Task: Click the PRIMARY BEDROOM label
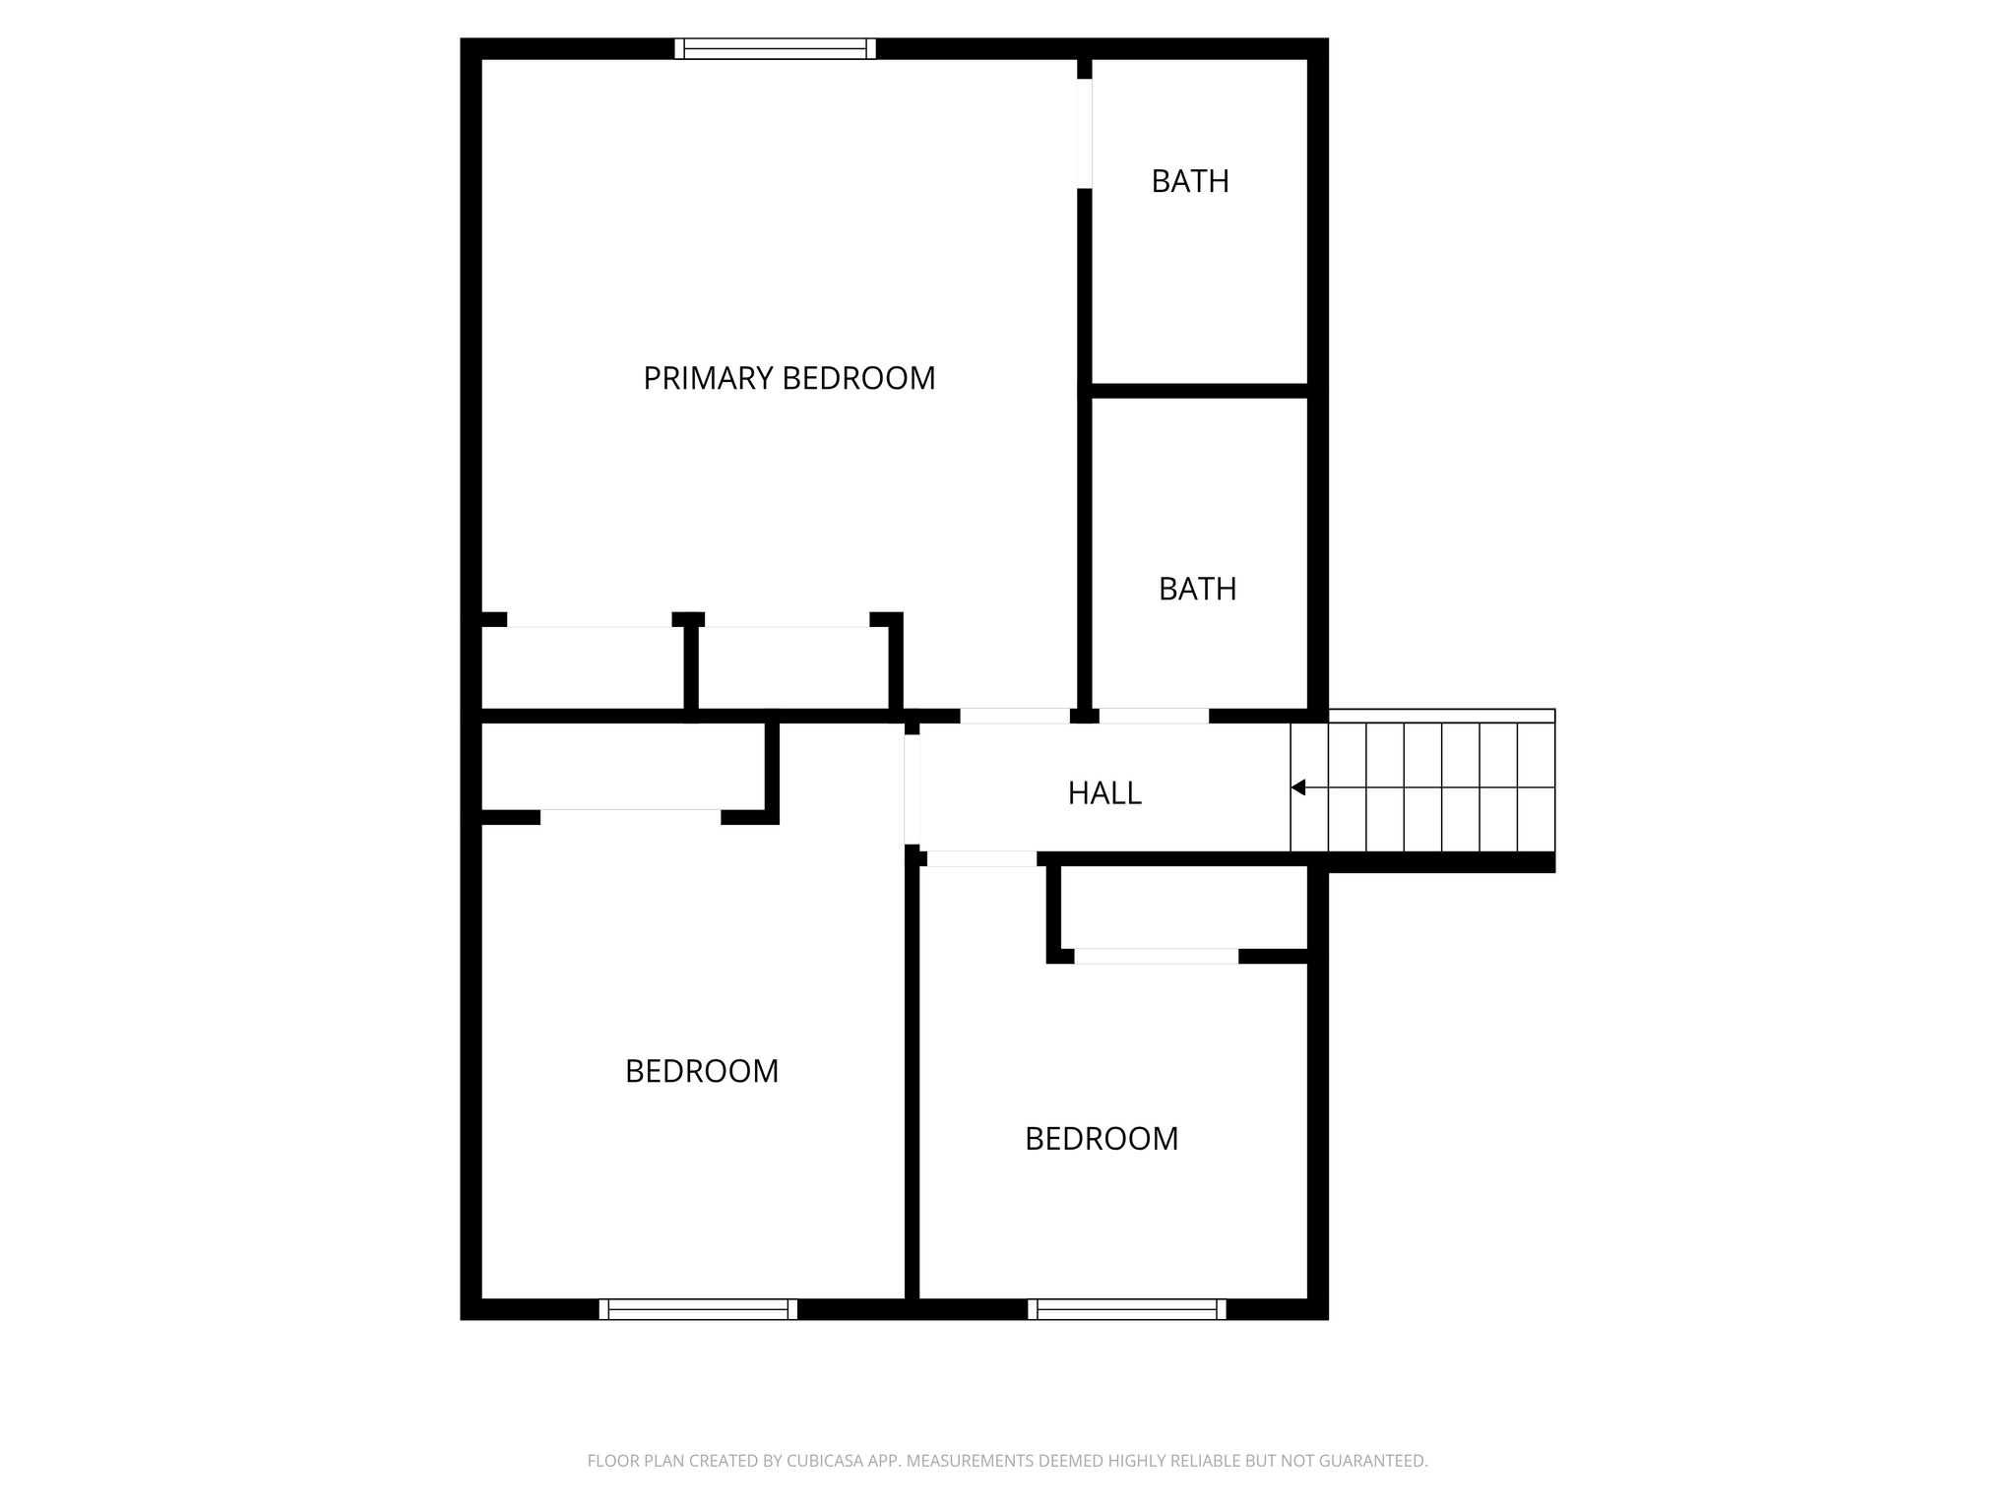click(x=788, y=378)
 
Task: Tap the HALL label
click(x=1104, y=793)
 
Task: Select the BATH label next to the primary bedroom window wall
click(x=1190, y=181)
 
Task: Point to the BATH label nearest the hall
click(x=1197, y=589)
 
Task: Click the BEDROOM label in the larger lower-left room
click(x=702, y=1071)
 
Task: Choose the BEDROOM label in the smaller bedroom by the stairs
click(x=1102, y=1139)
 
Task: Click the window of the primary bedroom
click(x=776, y=49)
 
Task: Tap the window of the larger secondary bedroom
click(x=698, y=1309)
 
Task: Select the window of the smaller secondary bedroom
click(x=1127, y=1309)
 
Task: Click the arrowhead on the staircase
click(x=1297, y=787)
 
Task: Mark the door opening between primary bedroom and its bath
click(x=1084, y=133)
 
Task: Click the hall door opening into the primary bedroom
click(x=1015, y=716)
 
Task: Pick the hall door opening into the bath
click(x=1154, y=716)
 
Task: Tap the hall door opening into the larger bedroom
click(x=912, y=789)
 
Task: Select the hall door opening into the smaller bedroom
click(x=981, y=858)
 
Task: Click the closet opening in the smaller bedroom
click(x=1156, y=956)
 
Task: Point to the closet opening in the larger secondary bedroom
click(x=631, y=816)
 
